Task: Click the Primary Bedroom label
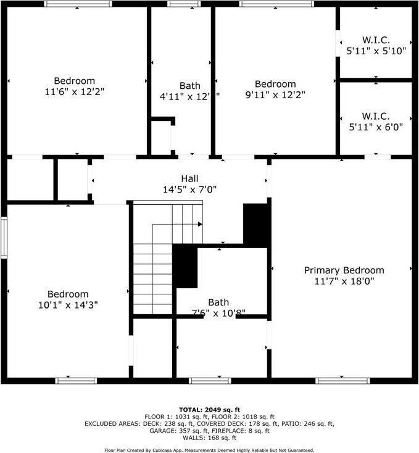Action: (x=344, y=270)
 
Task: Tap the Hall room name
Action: (x=189, y=178)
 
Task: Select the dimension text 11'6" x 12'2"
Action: (x=75, y=92)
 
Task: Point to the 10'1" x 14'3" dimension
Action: (x=68, y=305)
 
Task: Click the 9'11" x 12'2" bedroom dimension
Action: (x=275, y=95)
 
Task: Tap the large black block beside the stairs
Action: (x=185, y=266)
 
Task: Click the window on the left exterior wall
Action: (x=4, y=237)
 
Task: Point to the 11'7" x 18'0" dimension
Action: (x=344, y=281)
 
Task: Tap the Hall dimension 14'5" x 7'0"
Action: (x=189, y=190)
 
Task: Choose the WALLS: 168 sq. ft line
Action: (x=209, y=438)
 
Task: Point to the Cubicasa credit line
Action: (x=209, y=450)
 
